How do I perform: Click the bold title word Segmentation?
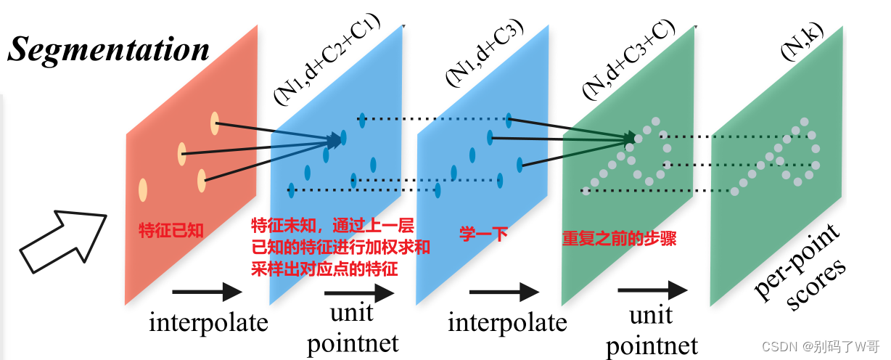(x=109, y=49)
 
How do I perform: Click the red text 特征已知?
(x=171, y=231)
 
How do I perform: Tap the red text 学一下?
(x=483, y=234)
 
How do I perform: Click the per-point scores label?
(x=798, y=260)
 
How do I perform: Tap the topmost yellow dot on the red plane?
(x=215, y=123)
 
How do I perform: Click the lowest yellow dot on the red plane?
(x=143, y=190)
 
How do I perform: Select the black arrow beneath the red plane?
(x=207, y=292)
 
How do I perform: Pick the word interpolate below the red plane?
(x=208, y=322)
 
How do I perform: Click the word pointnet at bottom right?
(x=652, y=345)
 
